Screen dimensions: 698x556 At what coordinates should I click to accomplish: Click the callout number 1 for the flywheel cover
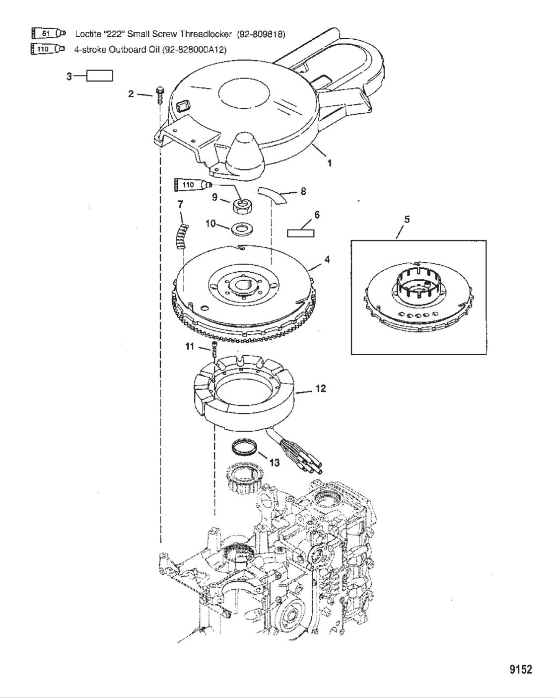click(x=329, y=163)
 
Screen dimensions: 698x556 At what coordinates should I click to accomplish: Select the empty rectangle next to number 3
click(x=100, y=76)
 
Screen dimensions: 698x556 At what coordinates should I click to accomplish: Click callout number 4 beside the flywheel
click(x=327, y=259)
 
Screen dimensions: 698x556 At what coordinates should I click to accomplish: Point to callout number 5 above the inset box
click(x=407, y=219)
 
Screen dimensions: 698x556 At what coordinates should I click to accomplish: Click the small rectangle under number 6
click(x=301, y=232)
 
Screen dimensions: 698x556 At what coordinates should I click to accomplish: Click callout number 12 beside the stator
click(x=321, y=388)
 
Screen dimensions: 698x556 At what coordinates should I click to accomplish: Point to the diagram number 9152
click(x=521, y=670)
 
